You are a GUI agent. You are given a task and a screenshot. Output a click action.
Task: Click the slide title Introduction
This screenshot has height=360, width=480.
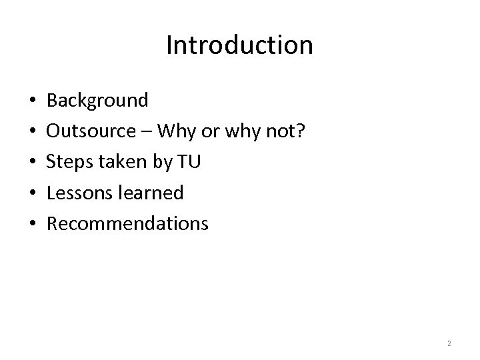tap(239, 45)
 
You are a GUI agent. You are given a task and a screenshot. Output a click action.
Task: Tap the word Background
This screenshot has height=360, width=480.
tap(97, 101)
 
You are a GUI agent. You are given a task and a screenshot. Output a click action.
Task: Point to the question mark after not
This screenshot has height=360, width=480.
tap(301, 131)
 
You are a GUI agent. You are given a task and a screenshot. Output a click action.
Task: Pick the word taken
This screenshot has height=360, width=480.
tap(118, 162)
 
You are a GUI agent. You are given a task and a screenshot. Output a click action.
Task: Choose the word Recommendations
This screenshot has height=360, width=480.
tap(127, 223)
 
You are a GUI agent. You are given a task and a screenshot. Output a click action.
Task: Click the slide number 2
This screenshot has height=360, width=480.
tap(449, 343)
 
